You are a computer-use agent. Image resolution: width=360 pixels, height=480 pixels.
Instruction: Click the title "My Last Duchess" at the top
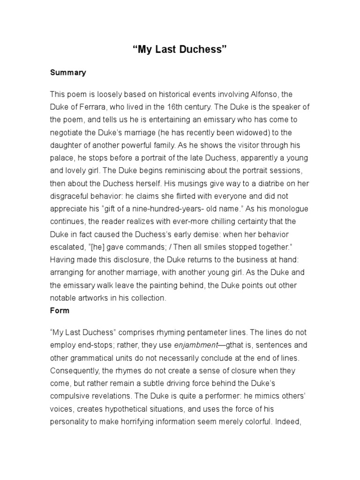click(180, 50)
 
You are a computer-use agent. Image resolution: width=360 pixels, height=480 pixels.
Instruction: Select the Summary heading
click(68, 73)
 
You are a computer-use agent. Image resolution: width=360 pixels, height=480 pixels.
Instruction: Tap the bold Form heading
click(60, 310)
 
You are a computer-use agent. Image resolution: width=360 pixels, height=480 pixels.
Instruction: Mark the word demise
click(194, 233)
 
